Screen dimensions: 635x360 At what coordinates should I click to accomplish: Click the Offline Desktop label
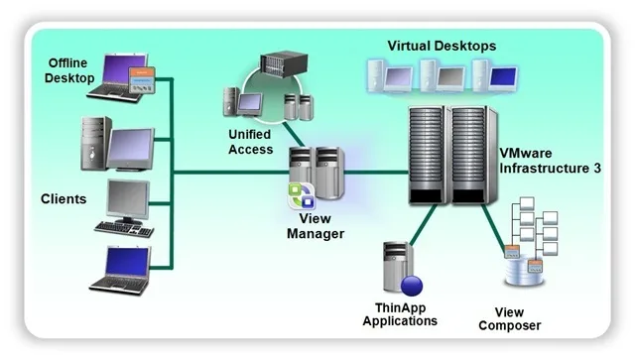coord(69,70)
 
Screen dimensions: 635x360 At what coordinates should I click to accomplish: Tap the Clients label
coord(63,198)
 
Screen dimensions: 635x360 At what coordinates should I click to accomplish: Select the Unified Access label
coord(250,142)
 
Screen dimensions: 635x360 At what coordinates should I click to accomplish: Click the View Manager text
coord(316,226)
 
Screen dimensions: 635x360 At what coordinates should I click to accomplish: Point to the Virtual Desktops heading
coord(442,46)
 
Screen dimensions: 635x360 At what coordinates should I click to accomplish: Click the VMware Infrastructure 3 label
coord(550,161)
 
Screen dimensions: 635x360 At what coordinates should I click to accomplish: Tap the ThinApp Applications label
coord(400,314)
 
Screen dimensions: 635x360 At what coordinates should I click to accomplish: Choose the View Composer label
coord(509,318)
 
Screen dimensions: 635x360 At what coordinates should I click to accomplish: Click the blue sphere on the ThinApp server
coord(412,285)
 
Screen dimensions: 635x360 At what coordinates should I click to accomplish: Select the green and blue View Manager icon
coord(302,196)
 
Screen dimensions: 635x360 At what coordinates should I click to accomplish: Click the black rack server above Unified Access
coord(284,63)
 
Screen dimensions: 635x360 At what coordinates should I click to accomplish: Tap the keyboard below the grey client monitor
coord(124,229)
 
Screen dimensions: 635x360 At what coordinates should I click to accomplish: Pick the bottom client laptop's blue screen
coord(127,262)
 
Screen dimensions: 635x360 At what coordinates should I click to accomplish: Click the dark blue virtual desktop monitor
coord(503,76)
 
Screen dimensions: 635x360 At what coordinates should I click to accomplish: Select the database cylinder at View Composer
coord(524,270)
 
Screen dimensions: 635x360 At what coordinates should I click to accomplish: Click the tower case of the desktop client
coord(95,144)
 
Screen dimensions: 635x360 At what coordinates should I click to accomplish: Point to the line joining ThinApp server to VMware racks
coord(424,224)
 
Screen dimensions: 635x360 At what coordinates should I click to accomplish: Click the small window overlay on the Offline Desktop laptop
coord(142,80)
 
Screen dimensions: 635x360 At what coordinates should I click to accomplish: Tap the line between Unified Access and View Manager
coord(294,135)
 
